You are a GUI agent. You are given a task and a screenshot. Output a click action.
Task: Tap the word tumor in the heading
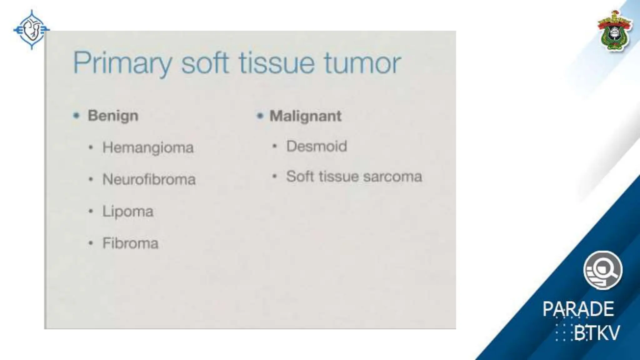[362, 63]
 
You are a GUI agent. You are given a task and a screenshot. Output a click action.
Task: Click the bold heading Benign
[113, 116]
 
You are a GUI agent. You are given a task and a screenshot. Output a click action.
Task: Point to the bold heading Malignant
[305, 116]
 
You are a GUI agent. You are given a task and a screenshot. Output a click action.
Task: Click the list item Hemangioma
[148, 147]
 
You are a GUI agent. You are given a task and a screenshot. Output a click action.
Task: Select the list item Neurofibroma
[149, 179]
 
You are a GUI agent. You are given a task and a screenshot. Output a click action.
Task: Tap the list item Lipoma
[128, 212]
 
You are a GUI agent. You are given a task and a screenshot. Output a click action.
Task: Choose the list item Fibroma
[130, 243]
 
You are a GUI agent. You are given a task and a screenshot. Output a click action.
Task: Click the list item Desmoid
[317, 146]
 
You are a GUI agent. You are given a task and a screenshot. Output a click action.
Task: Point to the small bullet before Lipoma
[91, 212]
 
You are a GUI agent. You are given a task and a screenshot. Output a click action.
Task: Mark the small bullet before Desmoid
[274, 146]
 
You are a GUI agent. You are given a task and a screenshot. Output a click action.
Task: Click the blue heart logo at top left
[31, 30]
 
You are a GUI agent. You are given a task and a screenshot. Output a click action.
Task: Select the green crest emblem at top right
[615, 31]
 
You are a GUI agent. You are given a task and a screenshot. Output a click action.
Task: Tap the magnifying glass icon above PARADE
[603, 270]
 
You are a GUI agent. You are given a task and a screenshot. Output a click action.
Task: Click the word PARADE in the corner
[578, 309]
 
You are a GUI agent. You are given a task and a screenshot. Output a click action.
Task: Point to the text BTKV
[596, 333]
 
